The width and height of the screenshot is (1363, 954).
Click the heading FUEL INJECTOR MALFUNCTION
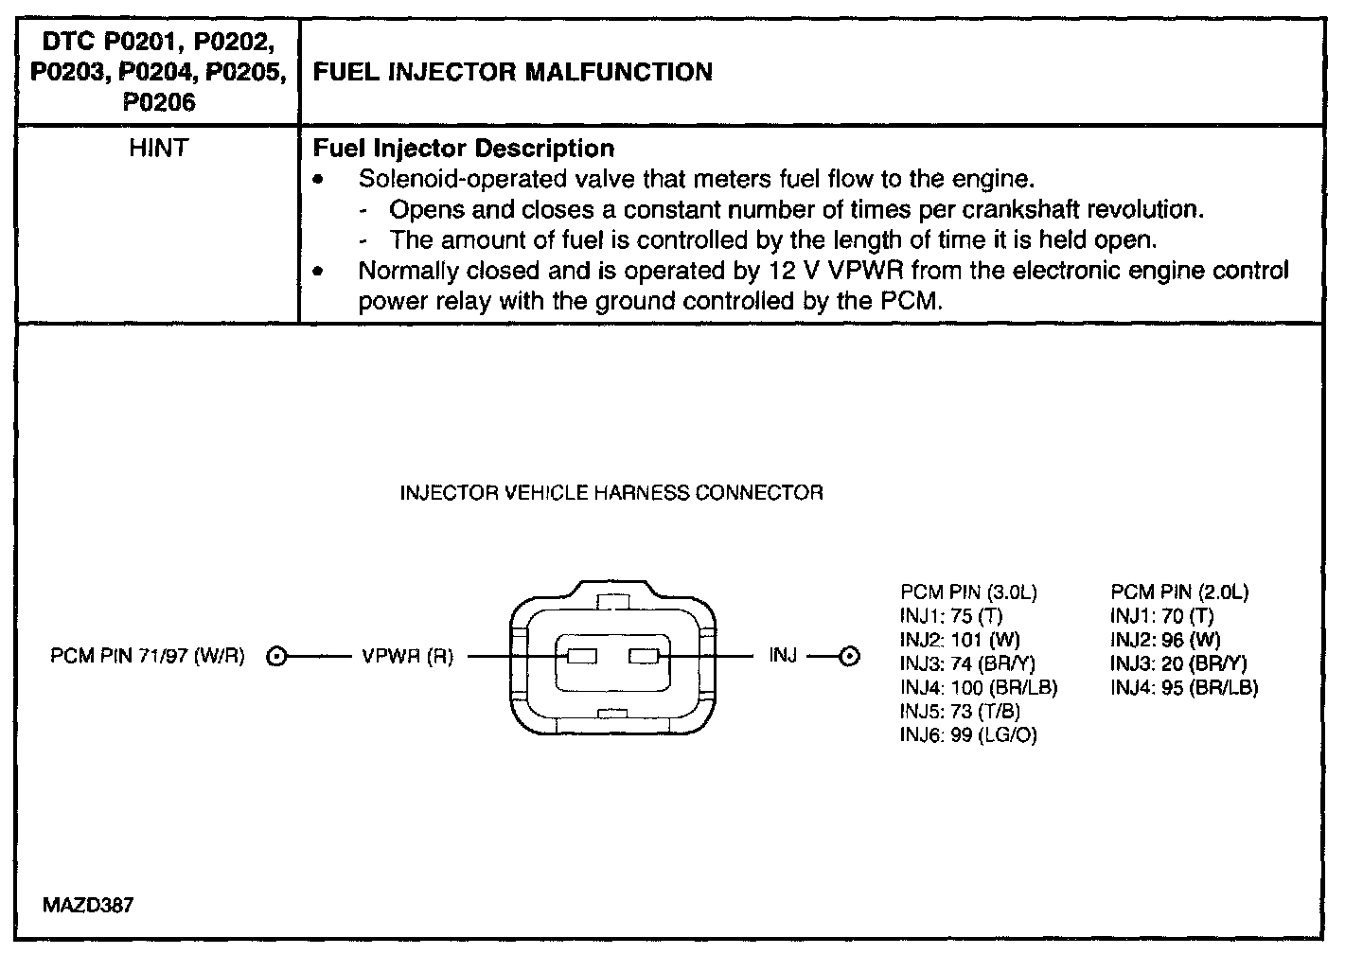[x=512, y=73]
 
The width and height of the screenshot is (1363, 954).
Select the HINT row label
[x=158, y=149]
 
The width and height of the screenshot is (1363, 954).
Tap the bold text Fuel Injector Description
[x=463, y=149]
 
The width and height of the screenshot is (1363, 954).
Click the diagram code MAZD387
[x=88, y=906]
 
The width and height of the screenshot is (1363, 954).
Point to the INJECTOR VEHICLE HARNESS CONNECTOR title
[x=611, y=493]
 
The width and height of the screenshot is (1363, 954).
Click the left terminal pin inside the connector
[x=581, y=656]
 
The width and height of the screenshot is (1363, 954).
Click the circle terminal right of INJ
[x=849, y=657]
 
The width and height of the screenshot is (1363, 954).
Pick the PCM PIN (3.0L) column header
[x=968, y=593]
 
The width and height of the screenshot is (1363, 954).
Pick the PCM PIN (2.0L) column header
[x=1179, y=593]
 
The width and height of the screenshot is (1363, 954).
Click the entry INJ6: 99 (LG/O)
[x=968, y=735]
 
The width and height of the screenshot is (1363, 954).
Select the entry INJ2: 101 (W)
[x=960, y=641]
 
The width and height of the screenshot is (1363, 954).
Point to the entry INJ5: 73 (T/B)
[x=960, y=712]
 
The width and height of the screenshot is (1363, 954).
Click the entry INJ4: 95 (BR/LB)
[x=1184, y=688]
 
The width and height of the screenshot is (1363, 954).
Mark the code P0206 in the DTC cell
[x=158, y=102]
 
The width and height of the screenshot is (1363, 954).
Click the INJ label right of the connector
[x=783, y=656]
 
